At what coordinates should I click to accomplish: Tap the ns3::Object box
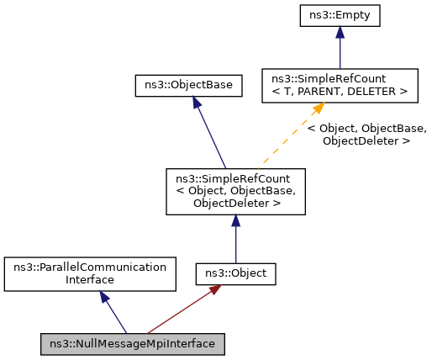tap(235, 273)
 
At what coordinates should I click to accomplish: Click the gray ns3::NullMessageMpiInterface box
tap(132, 343)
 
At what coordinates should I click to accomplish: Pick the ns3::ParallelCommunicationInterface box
tap(91, 273)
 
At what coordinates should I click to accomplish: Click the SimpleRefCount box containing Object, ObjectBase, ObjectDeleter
tap(235, 190)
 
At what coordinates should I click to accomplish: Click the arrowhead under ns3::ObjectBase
tap(195, 102)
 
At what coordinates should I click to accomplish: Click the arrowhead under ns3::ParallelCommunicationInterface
tap(101, 297)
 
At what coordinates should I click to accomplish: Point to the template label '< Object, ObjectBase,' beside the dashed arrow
tap(366, 129)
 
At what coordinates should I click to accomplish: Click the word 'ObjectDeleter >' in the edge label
tap(366, 141)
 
